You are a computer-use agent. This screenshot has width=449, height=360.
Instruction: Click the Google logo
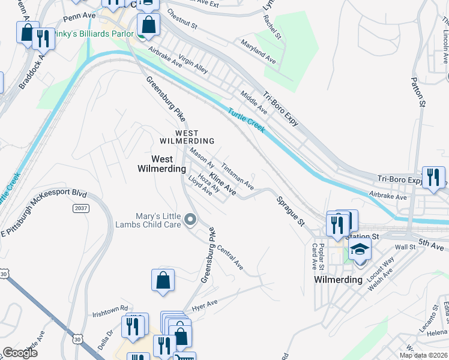(20, 353)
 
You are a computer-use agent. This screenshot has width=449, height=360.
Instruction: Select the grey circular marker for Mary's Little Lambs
(191, 221)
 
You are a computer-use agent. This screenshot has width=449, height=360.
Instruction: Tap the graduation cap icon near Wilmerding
(360, 248)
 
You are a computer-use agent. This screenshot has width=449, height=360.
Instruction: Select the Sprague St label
(291, 210)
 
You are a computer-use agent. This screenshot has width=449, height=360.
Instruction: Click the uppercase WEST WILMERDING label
(178, 136)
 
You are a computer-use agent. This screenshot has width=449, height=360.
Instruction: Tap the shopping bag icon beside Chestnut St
(148, 25)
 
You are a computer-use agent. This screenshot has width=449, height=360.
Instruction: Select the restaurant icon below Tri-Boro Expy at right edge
(433, 177)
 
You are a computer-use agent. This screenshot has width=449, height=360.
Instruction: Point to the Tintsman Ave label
(238, 176)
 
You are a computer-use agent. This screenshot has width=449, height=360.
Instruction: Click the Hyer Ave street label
(203, 307)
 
